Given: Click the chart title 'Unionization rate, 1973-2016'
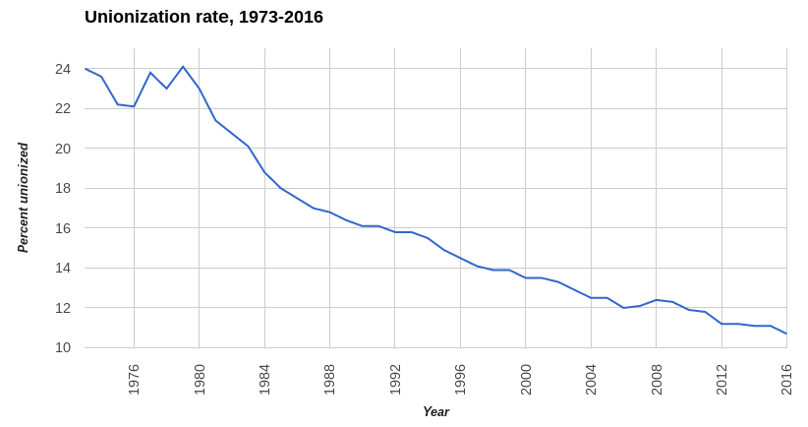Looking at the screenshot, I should [203, 17].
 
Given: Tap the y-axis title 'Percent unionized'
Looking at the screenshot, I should [23, 198].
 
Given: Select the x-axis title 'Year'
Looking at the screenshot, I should [435, 411].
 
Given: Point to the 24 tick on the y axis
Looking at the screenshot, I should [63, 69].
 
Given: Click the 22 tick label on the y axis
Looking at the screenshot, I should [63, 108].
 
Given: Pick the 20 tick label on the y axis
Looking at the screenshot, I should [63, 149].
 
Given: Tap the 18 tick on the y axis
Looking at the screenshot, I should [63, 188].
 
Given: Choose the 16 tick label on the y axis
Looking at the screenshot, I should [63, 228].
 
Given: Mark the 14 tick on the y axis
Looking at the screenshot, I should [63, 268].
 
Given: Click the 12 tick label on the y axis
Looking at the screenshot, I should [63, 308].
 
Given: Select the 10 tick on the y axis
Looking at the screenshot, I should [63, 347].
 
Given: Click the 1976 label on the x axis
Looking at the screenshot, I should [135, 380].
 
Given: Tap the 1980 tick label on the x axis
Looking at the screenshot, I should [200, 380].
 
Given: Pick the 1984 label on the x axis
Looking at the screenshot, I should [264, 380].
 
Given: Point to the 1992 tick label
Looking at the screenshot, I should [395, 380].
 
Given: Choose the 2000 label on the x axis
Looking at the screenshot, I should [526, 380].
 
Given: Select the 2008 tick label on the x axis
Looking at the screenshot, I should [657, 380].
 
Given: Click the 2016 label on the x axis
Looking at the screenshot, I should [786, 380].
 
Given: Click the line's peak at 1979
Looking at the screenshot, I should [183, 67].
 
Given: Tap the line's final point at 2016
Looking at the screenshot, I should [786, 334].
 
